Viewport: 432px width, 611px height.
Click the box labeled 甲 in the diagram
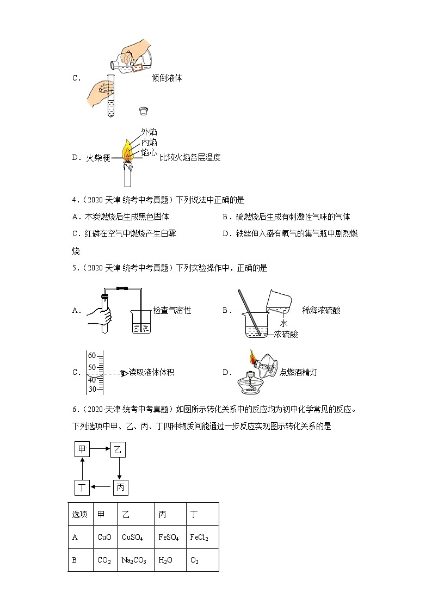[x=82, y=449]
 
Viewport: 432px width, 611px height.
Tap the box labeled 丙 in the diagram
[x=120, y=487]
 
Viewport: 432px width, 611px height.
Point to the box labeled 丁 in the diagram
[x=82, y=487]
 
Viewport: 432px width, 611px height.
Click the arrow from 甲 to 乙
[x=101, y=449]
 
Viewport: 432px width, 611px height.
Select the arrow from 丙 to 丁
[x=101, y=487]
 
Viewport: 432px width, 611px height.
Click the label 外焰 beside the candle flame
[x=149, y=132]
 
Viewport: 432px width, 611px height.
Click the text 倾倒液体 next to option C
[x=167, y=78]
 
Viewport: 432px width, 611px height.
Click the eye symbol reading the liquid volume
[x=124, y=373]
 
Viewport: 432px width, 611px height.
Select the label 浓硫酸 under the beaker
[x=286, y=334]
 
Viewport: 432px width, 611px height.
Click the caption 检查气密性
[x=172, y=311]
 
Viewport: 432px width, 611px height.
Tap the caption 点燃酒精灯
[x=298, y=373]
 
